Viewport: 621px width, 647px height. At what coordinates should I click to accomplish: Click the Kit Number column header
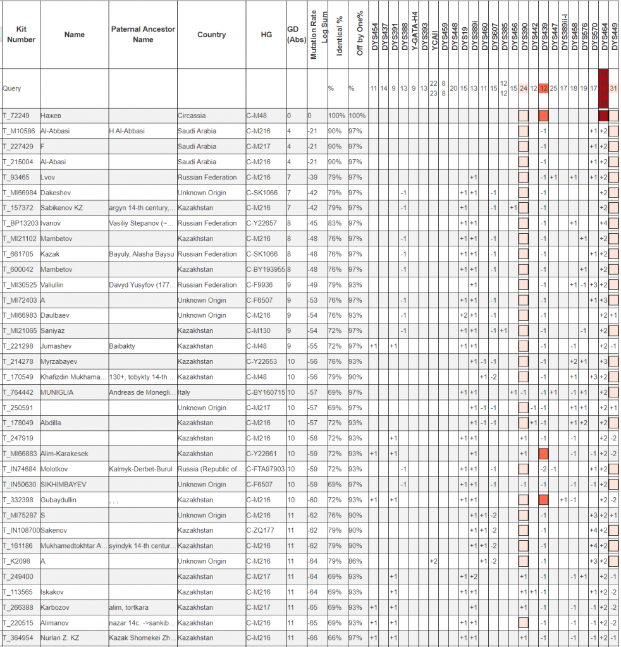coord(21,35)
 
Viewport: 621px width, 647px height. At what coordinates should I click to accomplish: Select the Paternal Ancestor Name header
coord(143,35)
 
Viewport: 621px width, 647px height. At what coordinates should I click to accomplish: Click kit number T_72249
coord(17,116)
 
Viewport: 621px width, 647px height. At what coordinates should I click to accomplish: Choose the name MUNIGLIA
coord(58,392)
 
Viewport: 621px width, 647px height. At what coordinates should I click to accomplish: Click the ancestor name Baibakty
coord(122,346)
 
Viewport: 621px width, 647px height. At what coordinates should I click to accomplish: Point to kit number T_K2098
coord(16,561)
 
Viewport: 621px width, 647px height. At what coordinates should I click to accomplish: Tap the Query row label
coord(12,89)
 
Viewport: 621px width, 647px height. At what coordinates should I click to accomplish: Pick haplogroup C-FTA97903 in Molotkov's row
coord(266,469)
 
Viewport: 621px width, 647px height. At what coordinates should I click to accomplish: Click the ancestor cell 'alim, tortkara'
coord(129,607)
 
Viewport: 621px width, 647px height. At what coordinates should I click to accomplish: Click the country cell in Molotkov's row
coord(211,469)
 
